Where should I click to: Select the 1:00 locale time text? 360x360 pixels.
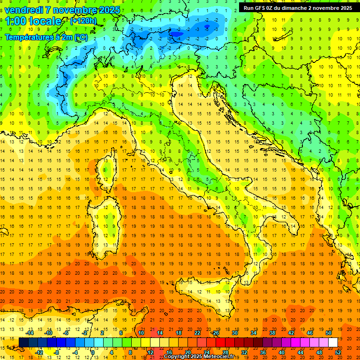tap(34, 21)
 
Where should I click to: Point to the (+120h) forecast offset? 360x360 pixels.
tap(83, 21)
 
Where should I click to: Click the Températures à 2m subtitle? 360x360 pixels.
tap(46, 37)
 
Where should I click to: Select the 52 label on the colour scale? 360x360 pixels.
tap(338, 352)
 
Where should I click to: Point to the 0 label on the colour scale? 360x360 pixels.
tap(93, 352)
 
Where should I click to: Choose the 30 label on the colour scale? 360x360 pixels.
tap(234, 333)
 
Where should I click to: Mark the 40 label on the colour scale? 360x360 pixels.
tap(281, 352)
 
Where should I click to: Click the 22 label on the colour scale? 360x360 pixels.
tap(197, 333)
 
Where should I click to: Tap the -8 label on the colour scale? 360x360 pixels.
tap(56, 352)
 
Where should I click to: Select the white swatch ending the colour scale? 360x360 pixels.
tap(333, 342)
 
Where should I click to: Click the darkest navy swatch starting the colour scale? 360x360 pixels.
tap(23, 342)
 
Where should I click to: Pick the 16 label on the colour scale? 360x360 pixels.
tap(169, 352)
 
